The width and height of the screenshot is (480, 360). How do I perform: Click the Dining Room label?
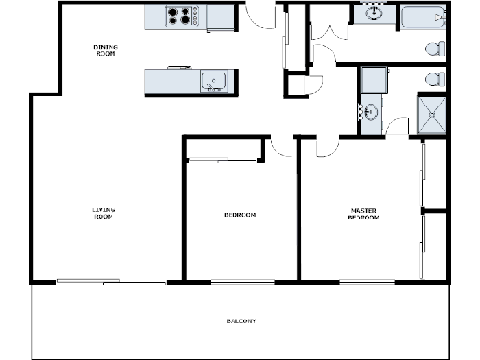pos(106,50)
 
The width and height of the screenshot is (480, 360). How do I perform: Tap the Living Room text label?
pos(103,213)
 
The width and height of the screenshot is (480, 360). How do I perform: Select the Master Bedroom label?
pos(363,214)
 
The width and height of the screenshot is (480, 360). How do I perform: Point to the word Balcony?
pos(241,321)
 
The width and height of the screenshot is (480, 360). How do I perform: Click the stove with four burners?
pos(181,16)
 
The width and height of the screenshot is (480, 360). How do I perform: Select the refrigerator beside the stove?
pos(220,17)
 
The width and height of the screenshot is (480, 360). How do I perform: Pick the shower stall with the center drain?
pos(431,115)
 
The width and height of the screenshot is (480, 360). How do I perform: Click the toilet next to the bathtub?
pos(434,49)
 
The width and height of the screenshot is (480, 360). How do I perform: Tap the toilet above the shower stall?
pos(434,79)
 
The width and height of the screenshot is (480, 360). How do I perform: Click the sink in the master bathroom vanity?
pos(370,110)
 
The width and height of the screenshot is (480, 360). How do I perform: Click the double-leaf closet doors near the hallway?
pos(323,32)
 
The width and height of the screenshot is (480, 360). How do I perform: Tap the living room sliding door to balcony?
pos(111,280)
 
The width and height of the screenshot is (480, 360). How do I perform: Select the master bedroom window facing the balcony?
pos(367,281)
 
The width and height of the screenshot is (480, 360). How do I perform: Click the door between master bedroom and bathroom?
pos(396,128)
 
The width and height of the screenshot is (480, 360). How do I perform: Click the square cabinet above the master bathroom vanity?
pos(374,80)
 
